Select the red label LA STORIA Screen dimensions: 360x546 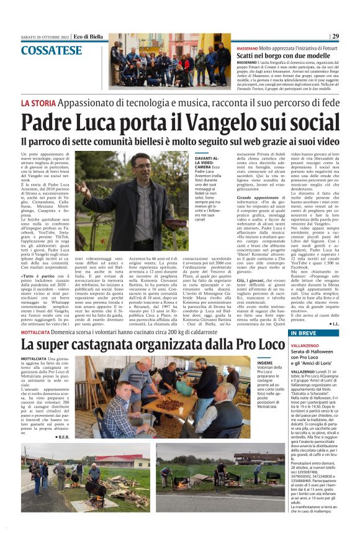40,102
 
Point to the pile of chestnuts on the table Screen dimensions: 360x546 168,404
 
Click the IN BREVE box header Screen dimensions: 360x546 304,333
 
